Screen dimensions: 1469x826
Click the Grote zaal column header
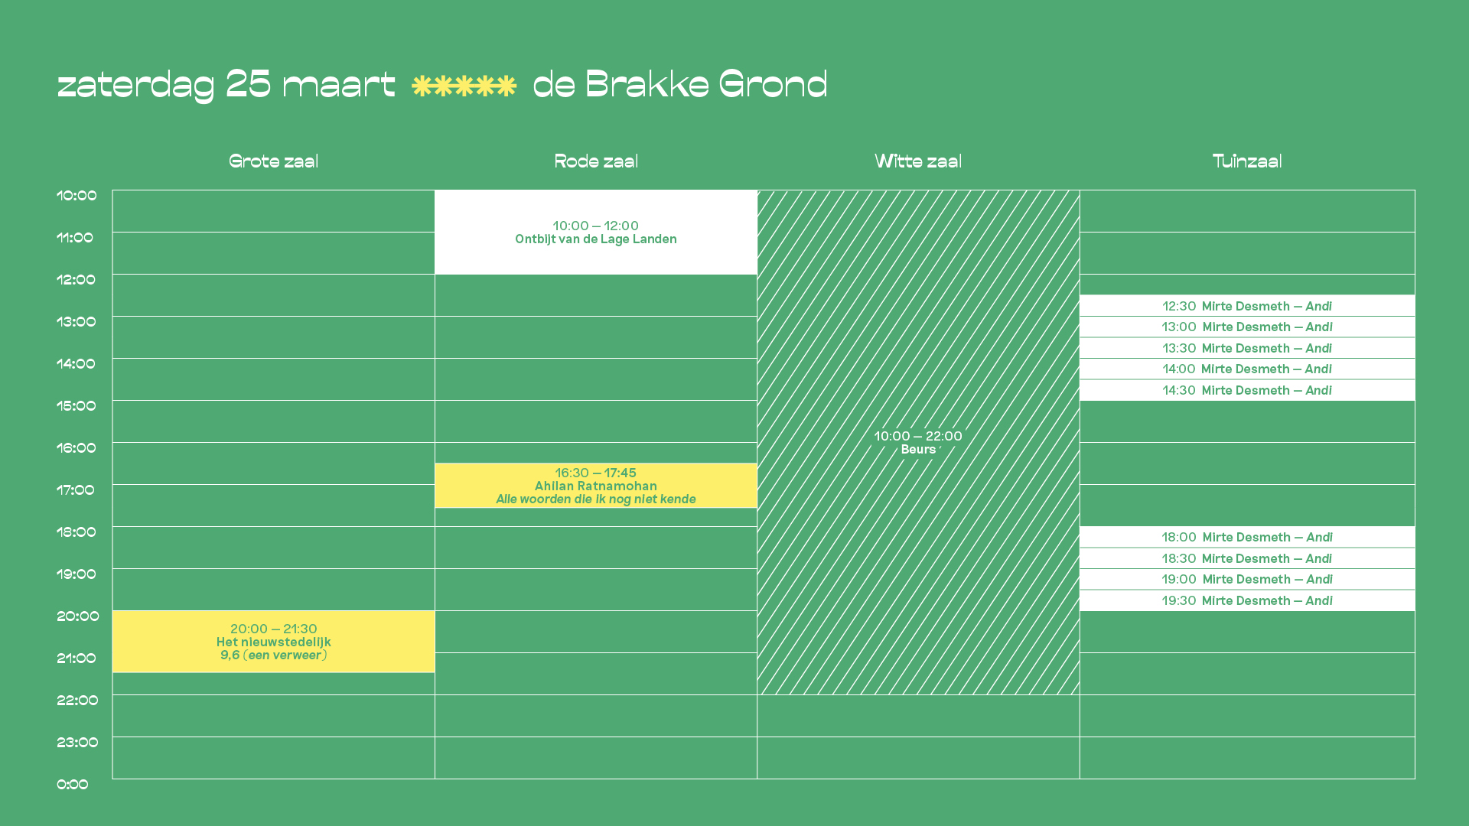tap(273, 161)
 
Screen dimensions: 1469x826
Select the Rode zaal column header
tap(596, 161)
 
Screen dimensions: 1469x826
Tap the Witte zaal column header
tap(918, 161)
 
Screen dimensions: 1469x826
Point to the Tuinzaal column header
tap(1247, 161)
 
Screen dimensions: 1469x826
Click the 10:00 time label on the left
tap(77, 196)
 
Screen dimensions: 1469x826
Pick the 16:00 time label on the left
tap(77, 448)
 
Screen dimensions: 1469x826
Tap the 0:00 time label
tap(73, 785)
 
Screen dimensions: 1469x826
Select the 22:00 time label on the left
tap(77, 701)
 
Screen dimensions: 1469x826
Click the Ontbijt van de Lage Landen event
tap(596, 232)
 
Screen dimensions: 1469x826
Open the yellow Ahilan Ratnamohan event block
tap(596, 486)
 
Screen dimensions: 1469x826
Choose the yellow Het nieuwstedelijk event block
tap(274, 642)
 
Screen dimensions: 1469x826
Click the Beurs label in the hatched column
tap(918, 450)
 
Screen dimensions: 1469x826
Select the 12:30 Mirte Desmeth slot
tap(1247, 306)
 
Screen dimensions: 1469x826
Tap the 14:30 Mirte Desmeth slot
tap(1247, 390)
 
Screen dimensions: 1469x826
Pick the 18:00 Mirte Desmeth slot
tap(1247, 537)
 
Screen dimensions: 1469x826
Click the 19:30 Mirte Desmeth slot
tap(1247, 600)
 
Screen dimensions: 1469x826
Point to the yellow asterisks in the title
tap(464, 86)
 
